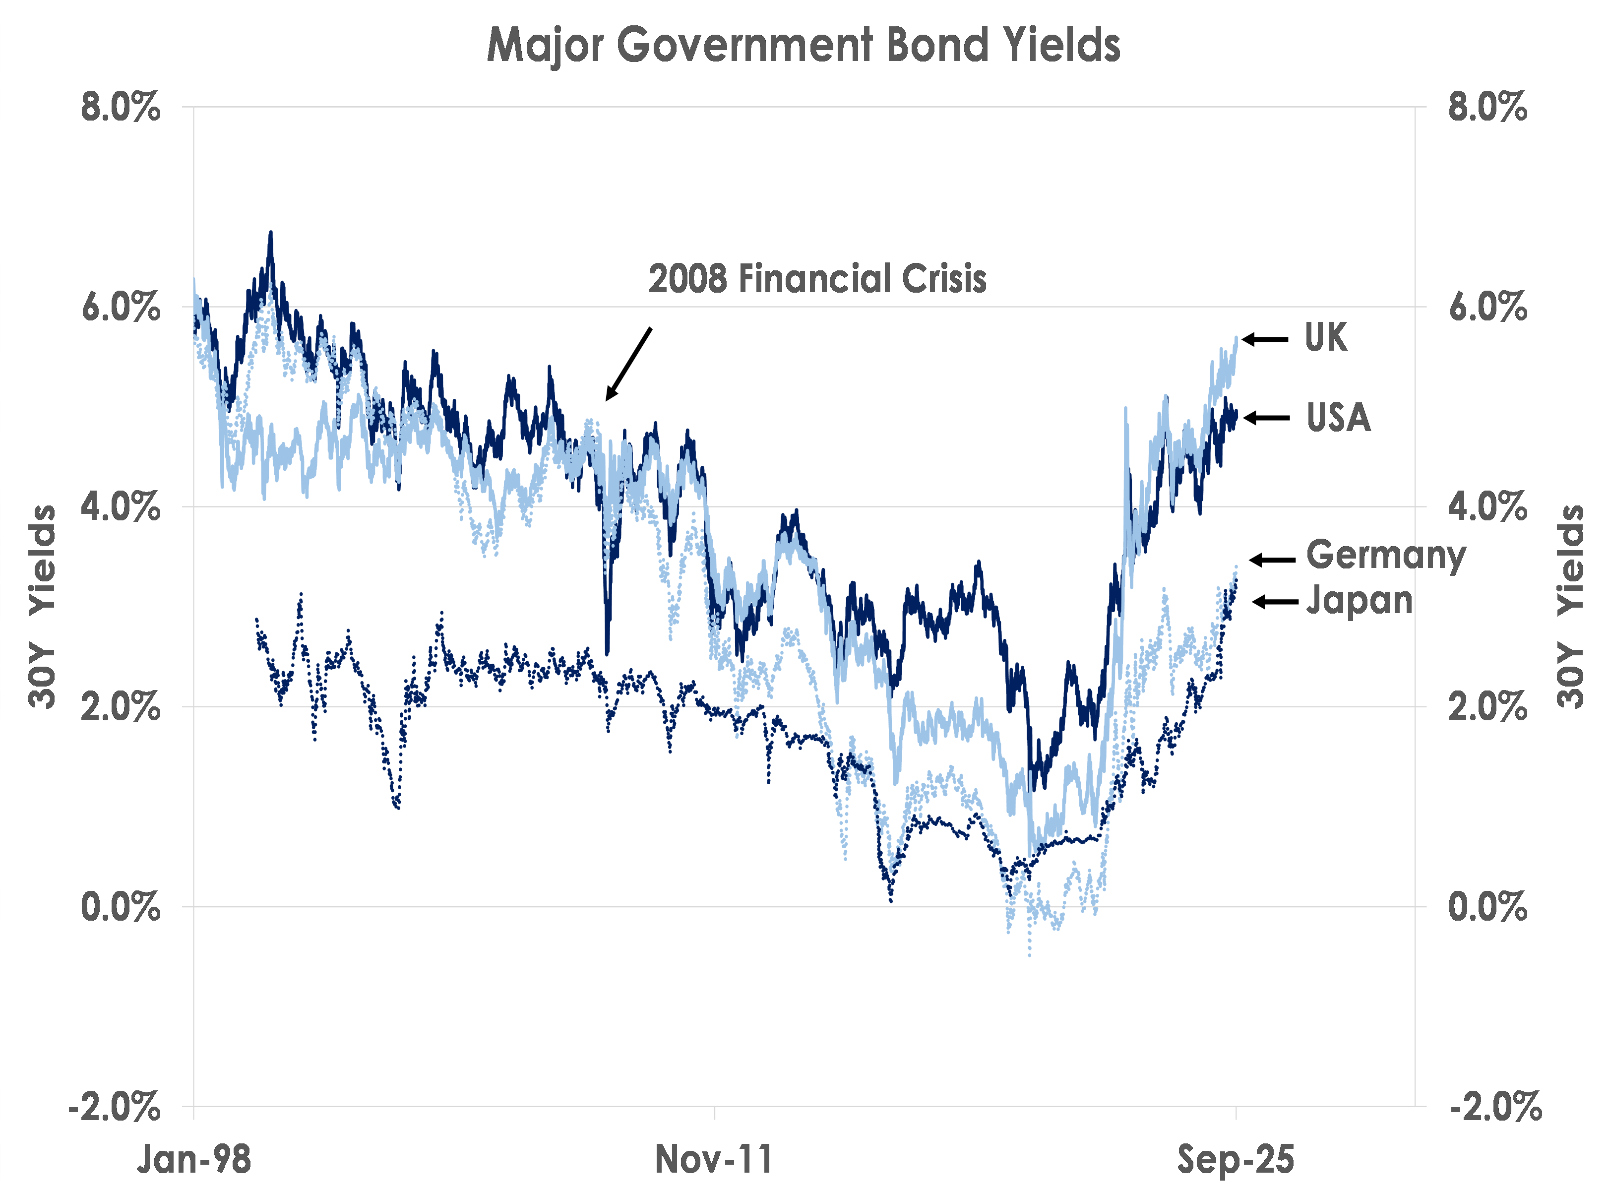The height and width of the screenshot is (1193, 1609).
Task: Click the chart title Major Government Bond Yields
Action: point(803,46)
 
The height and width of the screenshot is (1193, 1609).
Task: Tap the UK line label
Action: point(1326,337)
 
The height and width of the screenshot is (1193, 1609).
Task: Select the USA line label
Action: point(1338,417)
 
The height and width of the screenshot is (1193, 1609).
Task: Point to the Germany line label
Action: point(1386,556)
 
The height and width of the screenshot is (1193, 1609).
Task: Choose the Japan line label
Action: point(1359,601)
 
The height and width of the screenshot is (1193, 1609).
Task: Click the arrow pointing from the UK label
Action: point(1265,339)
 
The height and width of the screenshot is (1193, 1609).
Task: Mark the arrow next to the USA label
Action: point(1267,417)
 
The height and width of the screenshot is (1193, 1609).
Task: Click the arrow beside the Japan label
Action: point(1275,602)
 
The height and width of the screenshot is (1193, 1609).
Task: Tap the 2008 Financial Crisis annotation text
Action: point(817,279)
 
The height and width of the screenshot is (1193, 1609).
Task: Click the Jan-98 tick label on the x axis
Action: point(193,1160)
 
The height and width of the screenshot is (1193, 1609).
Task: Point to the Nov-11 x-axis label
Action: point(714,1160)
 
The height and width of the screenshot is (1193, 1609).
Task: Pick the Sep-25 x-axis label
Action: point(1236,1160)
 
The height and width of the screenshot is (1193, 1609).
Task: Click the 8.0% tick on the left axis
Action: point(121,108)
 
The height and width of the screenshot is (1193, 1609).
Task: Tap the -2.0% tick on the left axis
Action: point(114,1106)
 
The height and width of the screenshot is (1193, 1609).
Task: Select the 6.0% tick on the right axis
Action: point(1487,308)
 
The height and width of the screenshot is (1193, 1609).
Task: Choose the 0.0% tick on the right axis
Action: point(1487,906)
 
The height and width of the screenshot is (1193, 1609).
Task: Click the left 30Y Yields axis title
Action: point(42,607)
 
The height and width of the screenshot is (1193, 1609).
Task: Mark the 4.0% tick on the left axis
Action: point(121,507)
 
